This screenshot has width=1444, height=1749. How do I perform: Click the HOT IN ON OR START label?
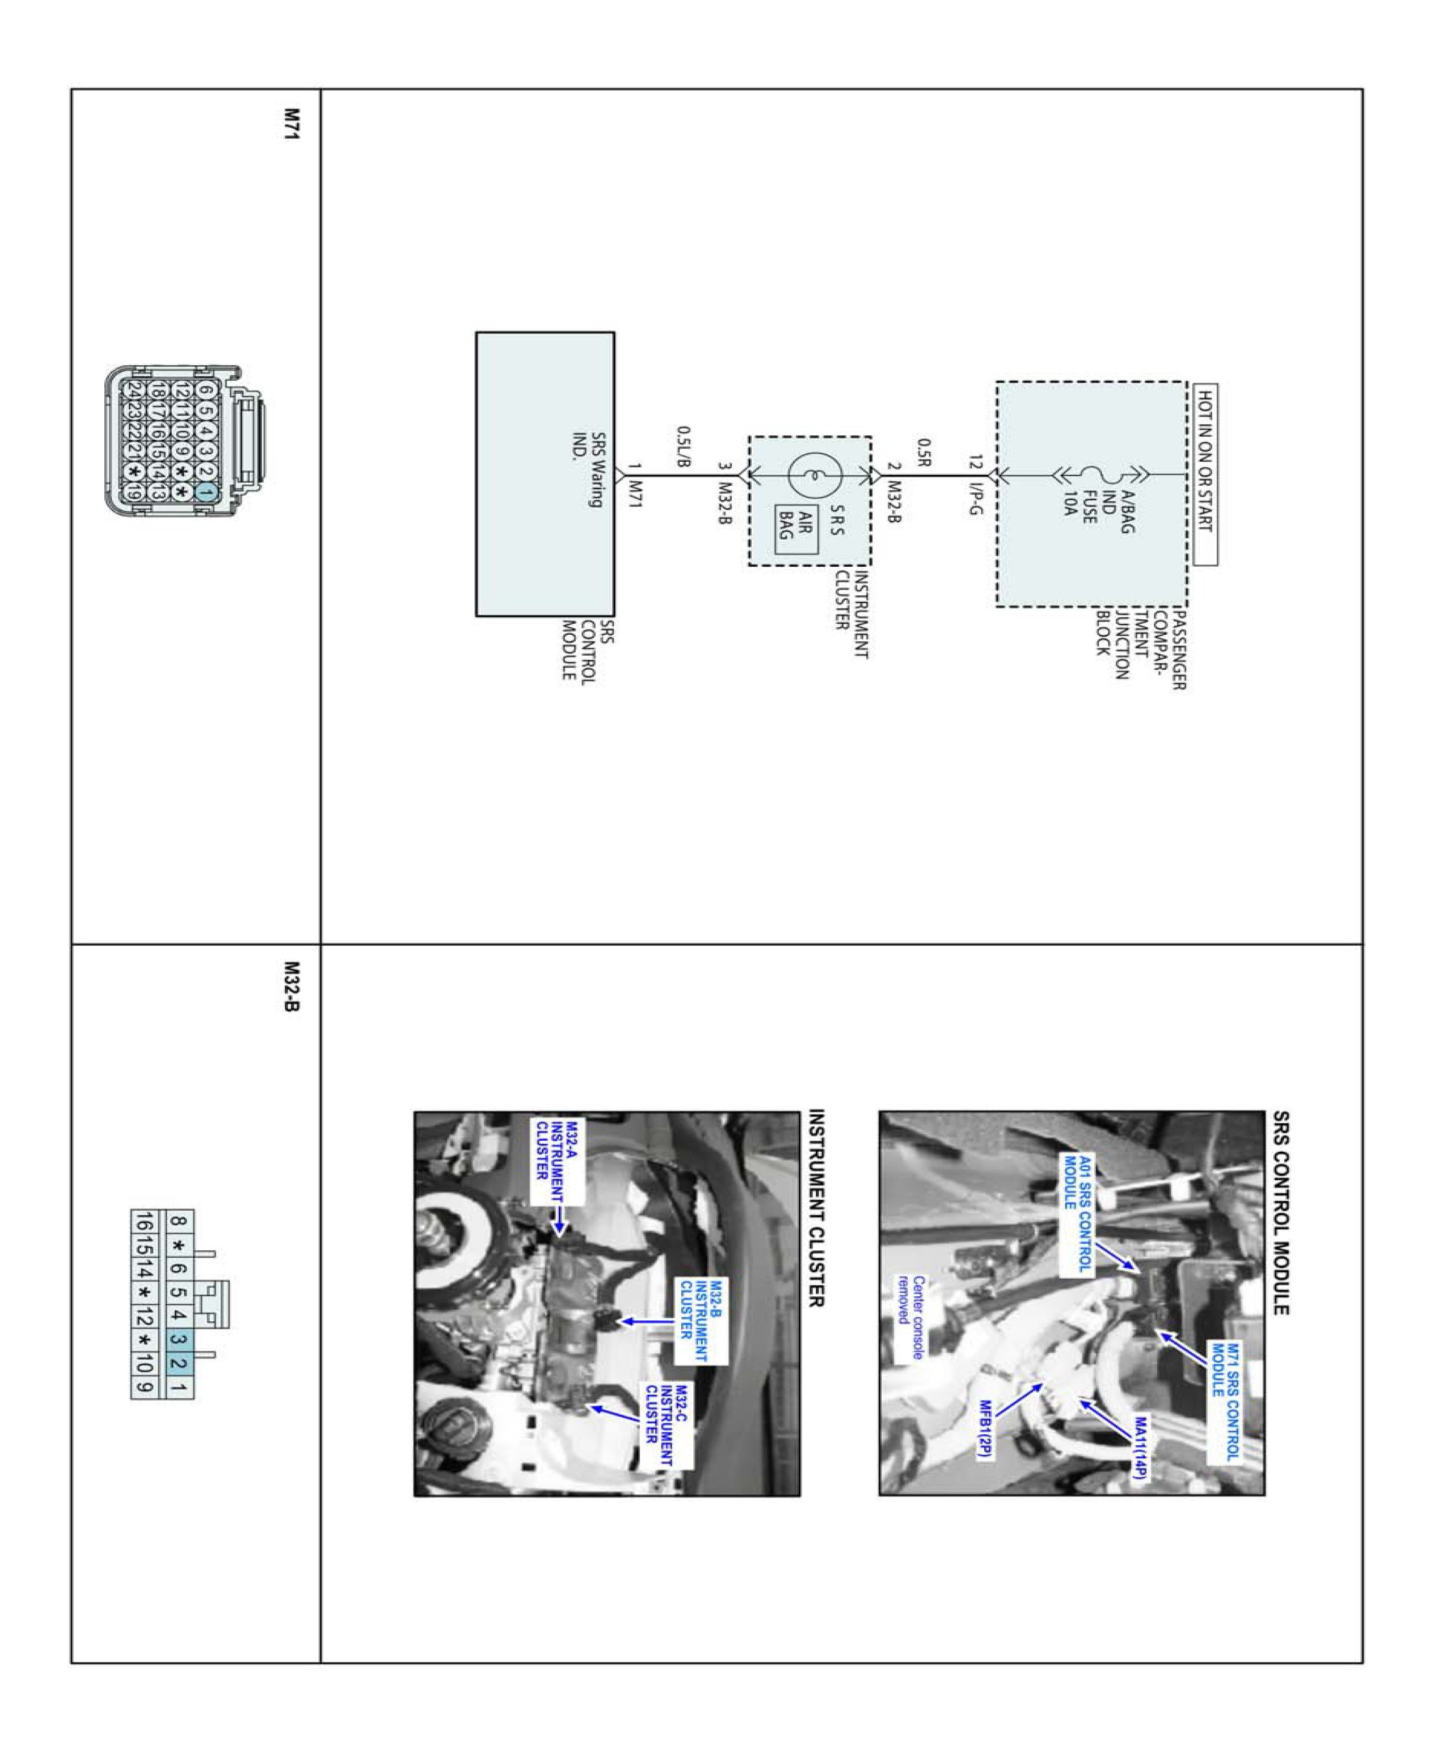[x=1204, y=474]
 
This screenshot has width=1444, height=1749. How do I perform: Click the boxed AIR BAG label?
[x=796, y=529]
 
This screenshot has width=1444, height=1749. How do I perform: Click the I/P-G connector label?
[x=976, y=497]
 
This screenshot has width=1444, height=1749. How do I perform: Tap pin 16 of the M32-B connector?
[x=143, y=1222]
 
